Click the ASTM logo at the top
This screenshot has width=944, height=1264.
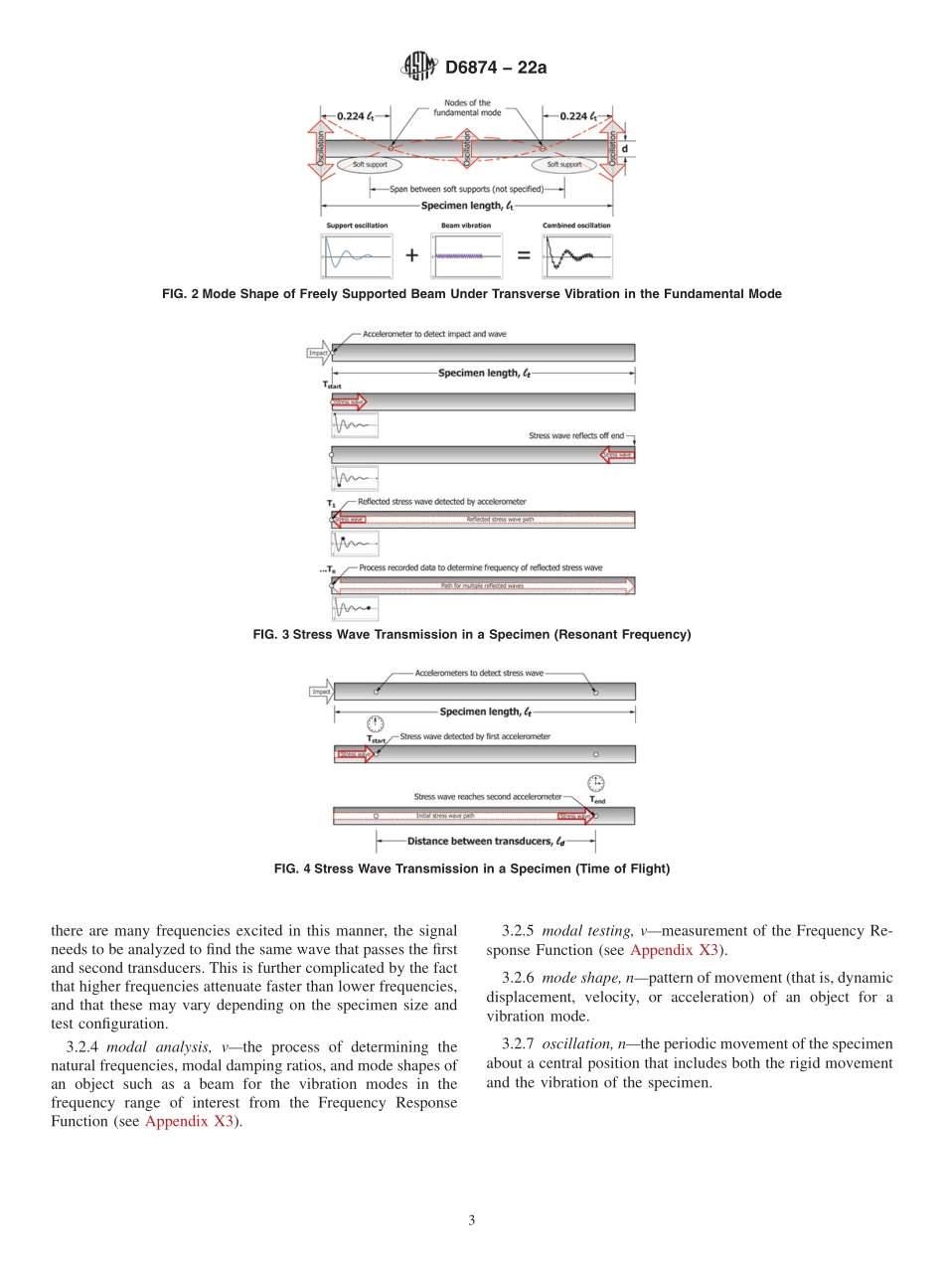[x=418, y=67]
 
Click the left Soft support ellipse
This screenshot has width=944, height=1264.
[x=370, y=165]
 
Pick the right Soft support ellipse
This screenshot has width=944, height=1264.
[x=563, y=165]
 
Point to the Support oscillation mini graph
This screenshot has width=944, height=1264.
[x=357, y=255]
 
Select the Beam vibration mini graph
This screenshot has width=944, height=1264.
[x=466, y=255]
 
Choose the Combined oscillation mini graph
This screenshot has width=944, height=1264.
[x=576, y=255]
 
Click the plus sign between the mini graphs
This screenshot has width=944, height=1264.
[x=411, y=255]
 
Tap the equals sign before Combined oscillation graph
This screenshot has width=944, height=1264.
[x=523, y=255]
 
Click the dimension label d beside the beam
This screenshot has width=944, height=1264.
[x=625, y=149]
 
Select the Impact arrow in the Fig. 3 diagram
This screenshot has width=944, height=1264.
[x=320, y=353]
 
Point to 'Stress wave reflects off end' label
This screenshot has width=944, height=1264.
[x=576, y=435]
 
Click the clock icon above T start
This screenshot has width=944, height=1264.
[x=375, y=724]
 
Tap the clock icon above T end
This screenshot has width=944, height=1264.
[x=595, y=783]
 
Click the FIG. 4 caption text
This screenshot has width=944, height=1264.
[x=472, y=869]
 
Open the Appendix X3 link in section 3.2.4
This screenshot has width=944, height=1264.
[x=189, y=1122]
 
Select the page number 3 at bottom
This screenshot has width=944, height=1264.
[x=472, y=1221]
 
